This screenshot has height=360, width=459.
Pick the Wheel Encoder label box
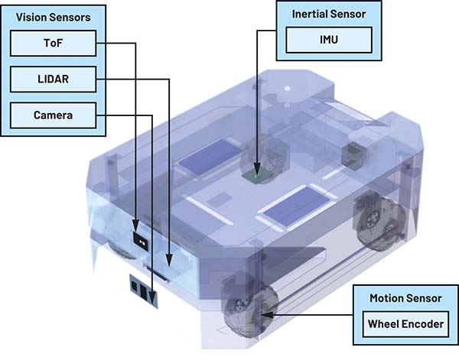(405, 324)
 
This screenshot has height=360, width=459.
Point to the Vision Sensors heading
(47, 16)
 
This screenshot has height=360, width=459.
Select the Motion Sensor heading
(404, 297)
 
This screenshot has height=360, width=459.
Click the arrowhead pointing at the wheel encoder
(266, 313)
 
